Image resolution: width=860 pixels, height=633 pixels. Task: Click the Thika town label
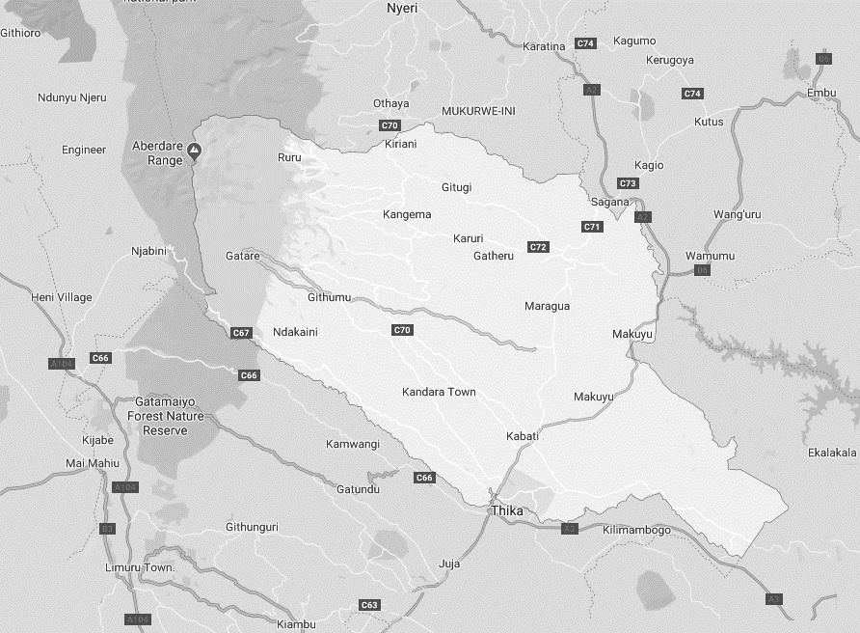click(x=507, y=509)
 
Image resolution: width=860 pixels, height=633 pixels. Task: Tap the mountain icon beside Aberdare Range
click(x=194, y=150)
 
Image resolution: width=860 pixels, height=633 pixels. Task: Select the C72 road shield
click(x=538, y=247)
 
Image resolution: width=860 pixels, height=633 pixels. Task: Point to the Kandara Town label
click(x=440, y=392)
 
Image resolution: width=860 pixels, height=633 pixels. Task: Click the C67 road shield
click(x=241, y=333)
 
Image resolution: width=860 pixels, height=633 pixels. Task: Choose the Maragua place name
click(x=547, y=306)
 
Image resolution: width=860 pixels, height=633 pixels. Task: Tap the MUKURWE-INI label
click(x=478, y=111)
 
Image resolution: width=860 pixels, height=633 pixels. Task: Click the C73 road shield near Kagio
click(x=628, y=183)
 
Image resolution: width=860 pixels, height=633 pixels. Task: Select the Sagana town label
click(x=610, y=202)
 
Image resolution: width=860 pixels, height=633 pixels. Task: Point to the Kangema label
click(x=407, y=214)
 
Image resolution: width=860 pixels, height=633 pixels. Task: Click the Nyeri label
click(x=399, y=8)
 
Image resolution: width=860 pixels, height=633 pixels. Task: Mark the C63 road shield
click(x=369, y=605)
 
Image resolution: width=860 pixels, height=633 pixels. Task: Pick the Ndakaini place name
click(x=295, y=332)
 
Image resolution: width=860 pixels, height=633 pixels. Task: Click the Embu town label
click(x=822, y=92)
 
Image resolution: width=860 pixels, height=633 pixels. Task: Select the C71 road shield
click(x=592, y=227)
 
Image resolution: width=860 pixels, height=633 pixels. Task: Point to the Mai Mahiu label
click(x=90, y=463)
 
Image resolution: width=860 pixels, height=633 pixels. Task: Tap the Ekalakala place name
click(x=832, y=453)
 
